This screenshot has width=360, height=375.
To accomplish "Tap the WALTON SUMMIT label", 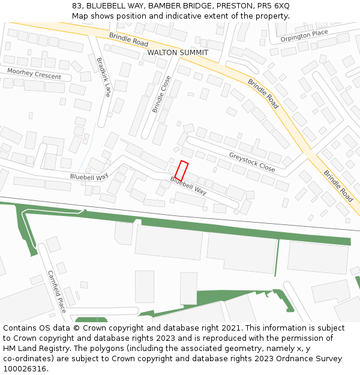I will (x=178, y=53).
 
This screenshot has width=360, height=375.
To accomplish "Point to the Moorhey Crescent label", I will (x=34, y=74).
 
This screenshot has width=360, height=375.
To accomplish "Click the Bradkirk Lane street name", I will (x=104, y=77).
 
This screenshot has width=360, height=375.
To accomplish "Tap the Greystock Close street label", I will (x=252, y=162).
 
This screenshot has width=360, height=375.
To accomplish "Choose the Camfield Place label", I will (x=57, y=292).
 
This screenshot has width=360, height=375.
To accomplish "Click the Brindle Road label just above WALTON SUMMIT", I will (x=128, y=40).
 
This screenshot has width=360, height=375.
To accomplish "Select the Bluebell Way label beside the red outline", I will (x=188, y=185).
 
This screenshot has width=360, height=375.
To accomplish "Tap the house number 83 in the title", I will (x=76, y=5).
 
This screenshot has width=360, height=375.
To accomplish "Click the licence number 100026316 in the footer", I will (x=26, y=368).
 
